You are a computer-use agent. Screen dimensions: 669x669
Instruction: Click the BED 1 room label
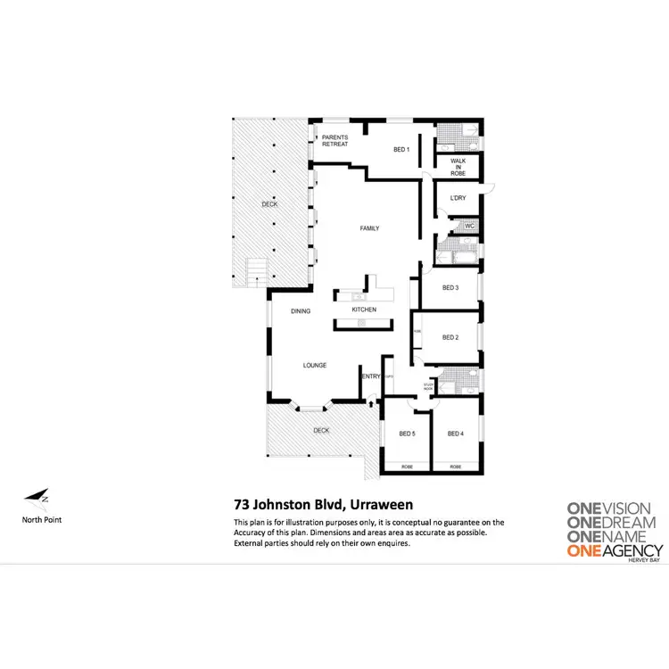click(401, 149)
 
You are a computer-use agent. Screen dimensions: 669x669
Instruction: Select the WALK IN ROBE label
click(458, 167)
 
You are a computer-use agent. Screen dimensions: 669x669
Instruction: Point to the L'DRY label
click(458, 197)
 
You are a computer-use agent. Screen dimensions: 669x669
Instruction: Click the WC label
click(469, 226)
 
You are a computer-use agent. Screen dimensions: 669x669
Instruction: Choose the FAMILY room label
click(369, 228)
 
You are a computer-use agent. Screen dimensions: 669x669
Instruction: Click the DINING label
click(301, 311)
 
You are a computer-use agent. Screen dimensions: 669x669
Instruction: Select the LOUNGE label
click(314, 365)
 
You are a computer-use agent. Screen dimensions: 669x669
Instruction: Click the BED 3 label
click(450, 287)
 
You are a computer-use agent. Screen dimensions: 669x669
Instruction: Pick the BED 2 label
click(450, 337)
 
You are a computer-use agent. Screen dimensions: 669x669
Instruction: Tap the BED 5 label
click(407, 434)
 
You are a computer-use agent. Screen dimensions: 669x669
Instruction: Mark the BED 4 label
click(456, 434)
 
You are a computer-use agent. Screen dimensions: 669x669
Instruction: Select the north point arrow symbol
click(37, 497)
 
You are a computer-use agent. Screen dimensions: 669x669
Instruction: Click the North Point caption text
click(42, 519)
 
